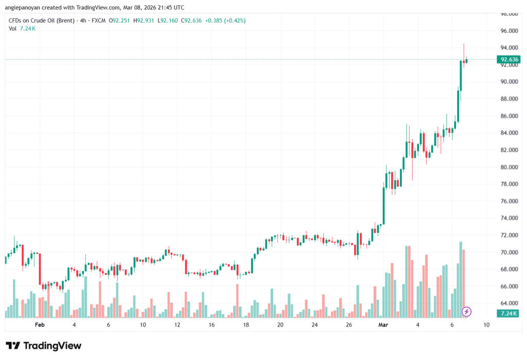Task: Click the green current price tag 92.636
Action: pyautogui.click(x=508, y=60)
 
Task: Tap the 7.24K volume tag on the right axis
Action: pyautogui.click(x=508, y=313)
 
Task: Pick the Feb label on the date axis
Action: pyautogui.click(x=40, y=325)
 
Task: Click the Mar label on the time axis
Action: pyautogui.click(x=383, y=325)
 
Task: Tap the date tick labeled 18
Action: pyautogui.click(x=246, y=325)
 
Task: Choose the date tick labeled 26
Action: pyautogui.click(x=349, y=325)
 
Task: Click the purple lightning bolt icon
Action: pyautogui.click(x=466, y=312)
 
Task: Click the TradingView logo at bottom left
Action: pyautogui.click(x=43, y=346)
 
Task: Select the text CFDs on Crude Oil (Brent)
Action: pyautogui.click(x=39, y=21)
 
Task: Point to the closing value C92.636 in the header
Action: pyautogui.click(x=189, y=21)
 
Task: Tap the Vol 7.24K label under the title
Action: pyautogui.click(x=22, y=28)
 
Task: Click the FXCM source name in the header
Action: pyautogui.click(x=99, y=21)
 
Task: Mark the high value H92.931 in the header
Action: pyautogui.click(x=145, y=21)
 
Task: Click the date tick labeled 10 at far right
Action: pyautogui.click(x=486, y=325)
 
